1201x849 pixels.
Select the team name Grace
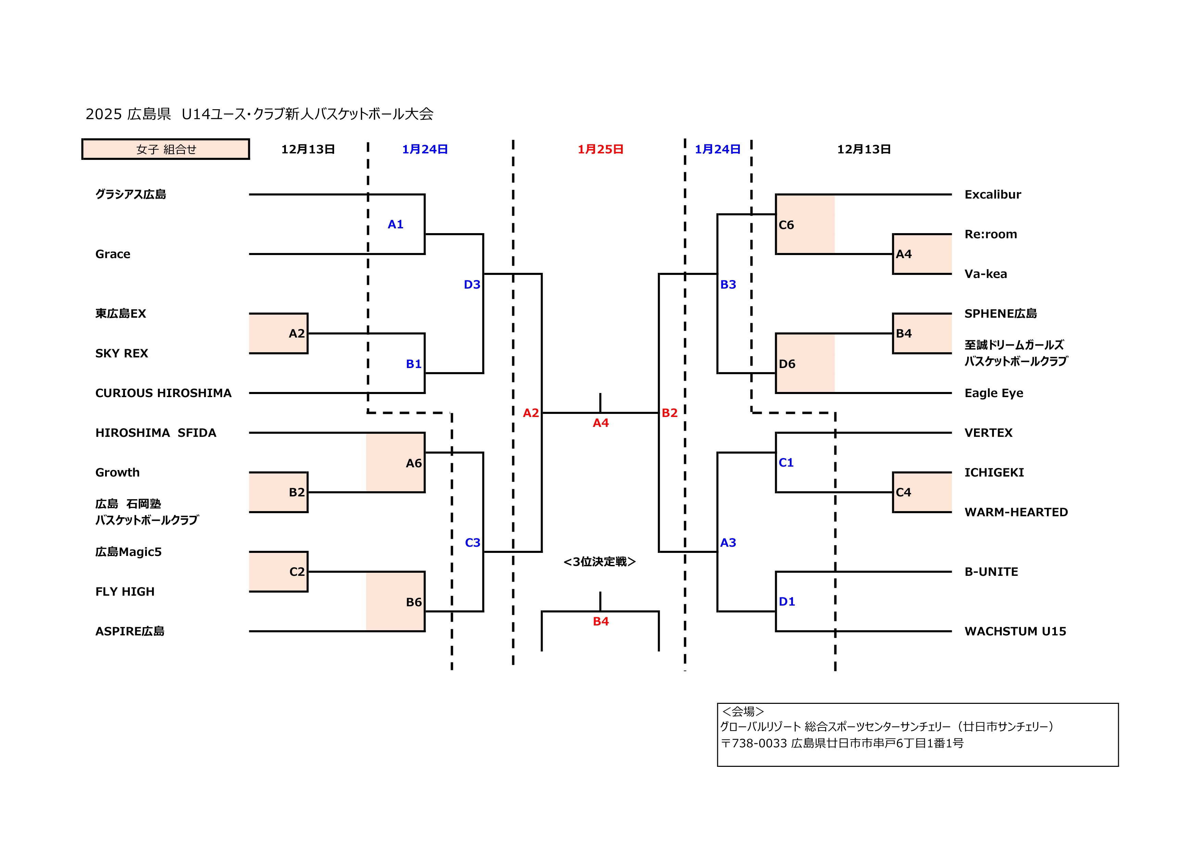(x=112, y=254)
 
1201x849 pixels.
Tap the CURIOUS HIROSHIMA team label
(x=163, y=393)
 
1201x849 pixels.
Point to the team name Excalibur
(x=992, y=194)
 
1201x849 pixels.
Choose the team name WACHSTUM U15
(x=1015, y=631)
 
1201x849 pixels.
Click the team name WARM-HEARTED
(x=1016, y=512)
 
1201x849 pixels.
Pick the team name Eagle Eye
(x=993, y=393)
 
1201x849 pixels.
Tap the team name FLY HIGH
(x=125, y=592)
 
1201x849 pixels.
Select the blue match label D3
(x=472, y=284)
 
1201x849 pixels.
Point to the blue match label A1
(x=395, y=225)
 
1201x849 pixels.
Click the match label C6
(x=786, y=225)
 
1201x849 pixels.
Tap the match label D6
(x=787, y=364)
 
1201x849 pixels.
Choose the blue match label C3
(x=472, y=543)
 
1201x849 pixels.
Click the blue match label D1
(x=787, y=601)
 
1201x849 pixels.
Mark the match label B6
(x=414, y=602)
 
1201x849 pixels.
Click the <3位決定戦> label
(x=599, y=562)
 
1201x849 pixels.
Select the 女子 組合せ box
(x=166, y=149)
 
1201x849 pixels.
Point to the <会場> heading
(x=743, y=711)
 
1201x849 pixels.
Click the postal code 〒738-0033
(x=754, y=743)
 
